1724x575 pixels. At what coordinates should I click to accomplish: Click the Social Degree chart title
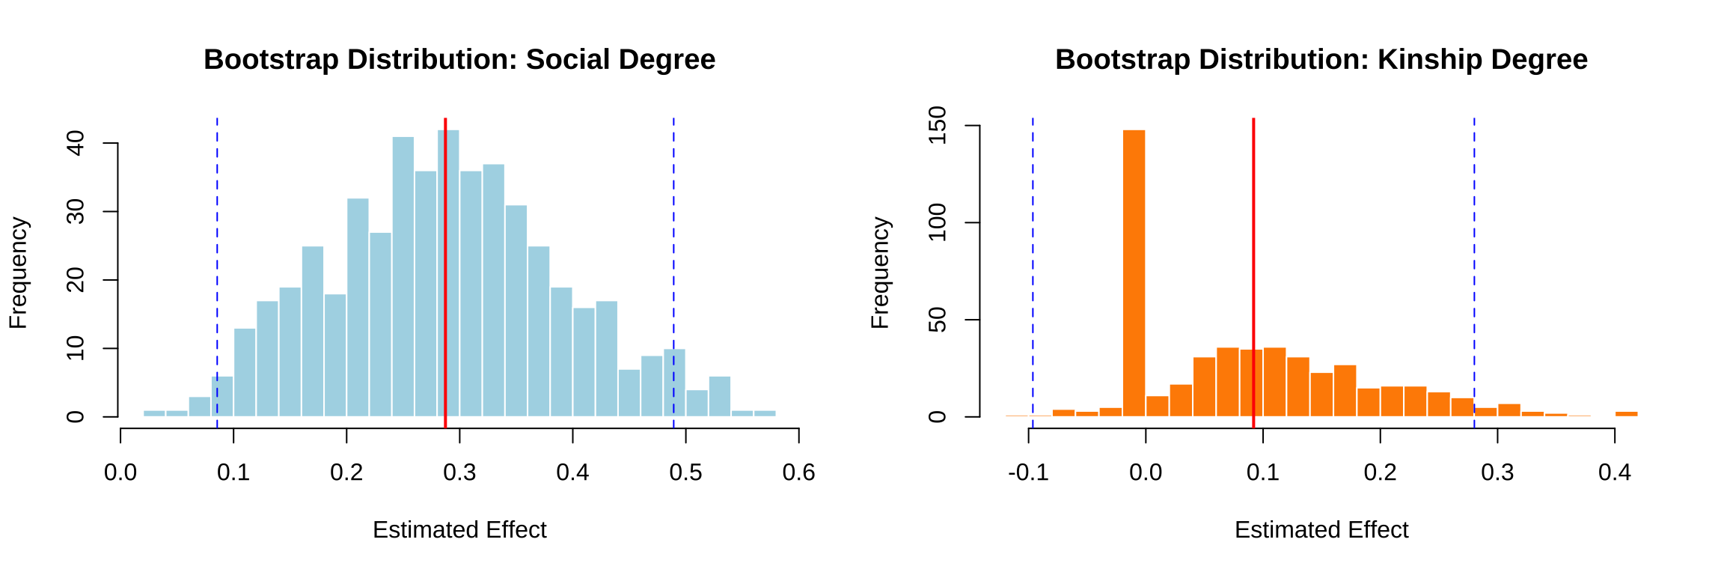click(459, 60)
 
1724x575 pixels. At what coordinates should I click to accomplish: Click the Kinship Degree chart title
click(1321, 60)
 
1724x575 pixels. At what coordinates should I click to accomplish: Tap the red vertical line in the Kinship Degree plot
click(1253, 225)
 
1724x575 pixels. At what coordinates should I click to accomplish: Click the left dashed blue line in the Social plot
click(217, 225)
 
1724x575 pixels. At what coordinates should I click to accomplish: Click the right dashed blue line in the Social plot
click(673, 225)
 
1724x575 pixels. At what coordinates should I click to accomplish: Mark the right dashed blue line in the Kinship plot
click(1474, 225)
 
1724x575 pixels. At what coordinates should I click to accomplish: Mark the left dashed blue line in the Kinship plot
click(1033, 225)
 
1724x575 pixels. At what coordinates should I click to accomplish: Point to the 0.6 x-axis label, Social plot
click(798, 472)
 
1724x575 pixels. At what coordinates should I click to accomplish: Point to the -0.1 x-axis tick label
click(1028, 472)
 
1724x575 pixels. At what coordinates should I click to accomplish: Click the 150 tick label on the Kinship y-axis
click(937, 125)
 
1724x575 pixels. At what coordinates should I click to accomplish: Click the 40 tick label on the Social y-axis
click(76, 143)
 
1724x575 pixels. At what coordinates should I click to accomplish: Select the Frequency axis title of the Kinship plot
click(880, 273)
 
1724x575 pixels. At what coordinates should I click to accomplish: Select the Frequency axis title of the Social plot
click(18, 273)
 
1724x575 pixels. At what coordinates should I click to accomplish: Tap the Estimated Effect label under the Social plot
click(459, 530)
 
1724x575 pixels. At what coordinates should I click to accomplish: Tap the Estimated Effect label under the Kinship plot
click(1321, 530)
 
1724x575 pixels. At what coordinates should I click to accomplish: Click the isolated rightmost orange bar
click(1626, 413)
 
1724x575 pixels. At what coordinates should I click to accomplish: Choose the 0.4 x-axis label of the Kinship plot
click(1614, 472)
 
